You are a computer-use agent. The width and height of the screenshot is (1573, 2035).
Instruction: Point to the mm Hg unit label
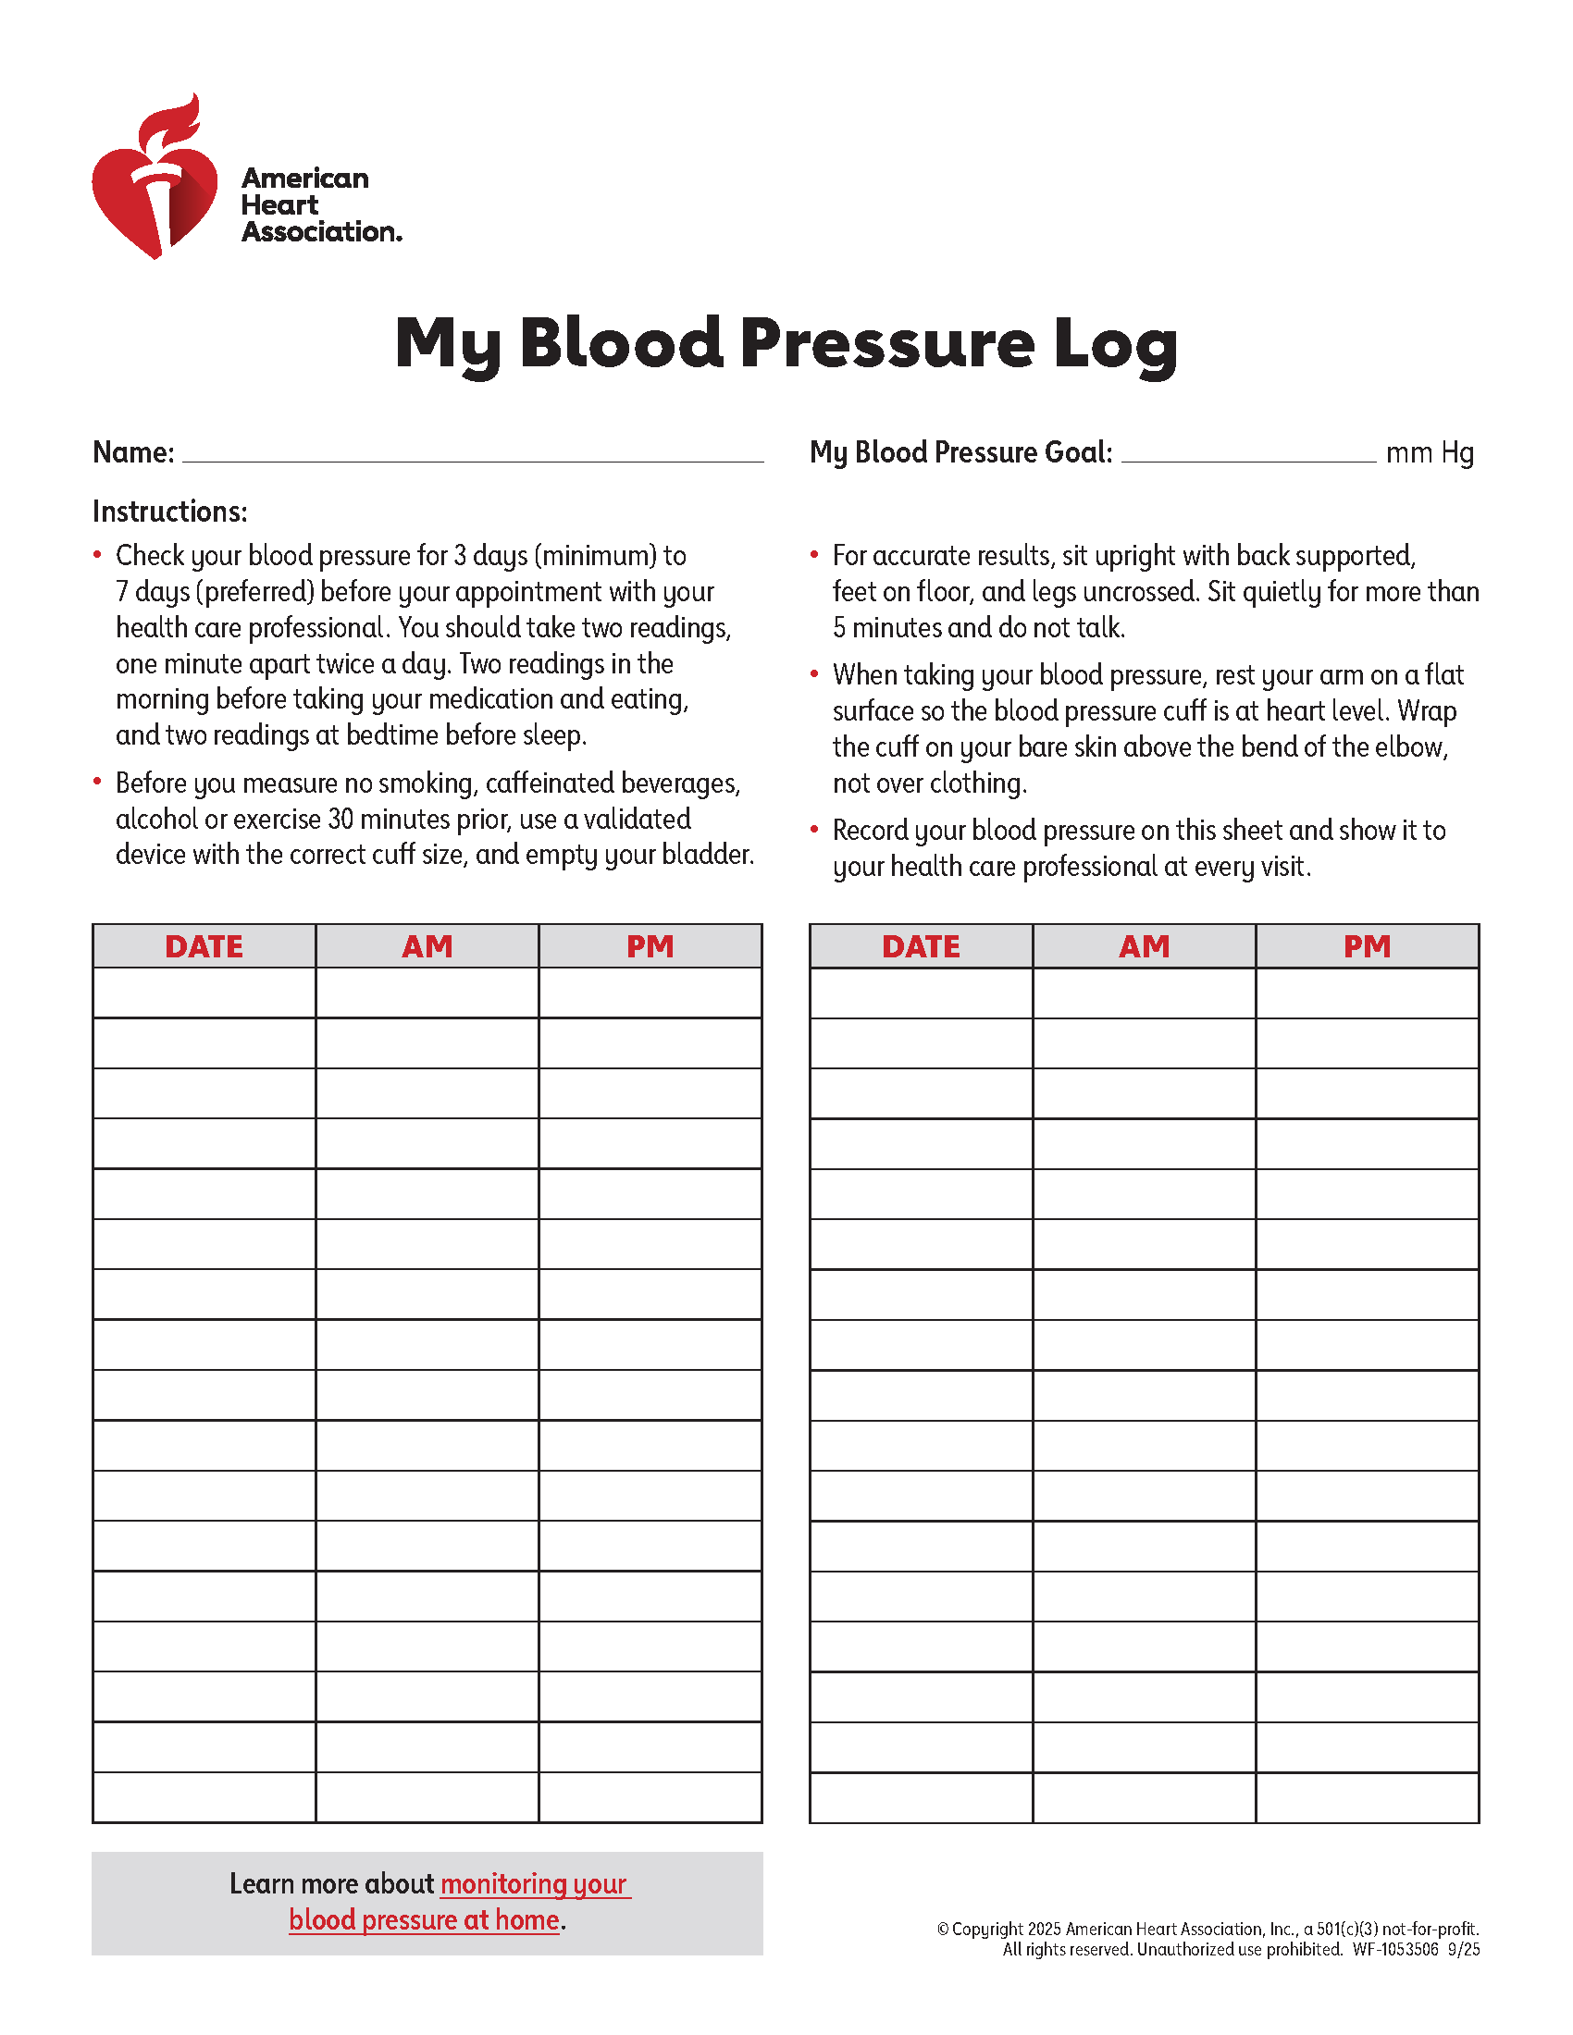[1430, 453]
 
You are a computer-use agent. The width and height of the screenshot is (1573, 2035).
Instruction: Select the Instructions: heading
[169, 512]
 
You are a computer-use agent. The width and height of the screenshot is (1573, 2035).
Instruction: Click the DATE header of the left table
[204, 946]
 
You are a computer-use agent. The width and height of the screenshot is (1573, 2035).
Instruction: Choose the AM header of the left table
[427, 946]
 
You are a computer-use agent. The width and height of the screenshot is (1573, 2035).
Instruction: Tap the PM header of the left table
[650, 946]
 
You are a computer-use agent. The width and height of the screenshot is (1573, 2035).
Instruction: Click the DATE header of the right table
[921, 946]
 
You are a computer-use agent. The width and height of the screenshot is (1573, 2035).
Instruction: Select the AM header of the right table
[1144, 946]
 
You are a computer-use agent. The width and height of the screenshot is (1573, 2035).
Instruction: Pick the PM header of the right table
[1366, 946]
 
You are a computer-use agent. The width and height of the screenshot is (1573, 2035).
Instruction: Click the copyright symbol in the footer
[943, 1929]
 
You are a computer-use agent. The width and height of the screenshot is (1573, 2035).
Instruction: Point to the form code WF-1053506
[1395, 1949]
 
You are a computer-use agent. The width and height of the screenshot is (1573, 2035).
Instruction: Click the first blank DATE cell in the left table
[204, 993]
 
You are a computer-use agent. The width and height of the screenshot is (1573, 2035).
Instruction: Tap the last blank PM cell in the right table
[1366, 1797]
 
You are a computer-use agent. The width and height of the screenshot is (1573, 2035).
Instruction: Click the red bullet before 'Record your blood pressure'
[814, 829]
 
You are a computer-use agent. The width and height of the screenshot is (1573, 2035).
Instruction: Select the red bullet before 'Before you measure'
[98, 781]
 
